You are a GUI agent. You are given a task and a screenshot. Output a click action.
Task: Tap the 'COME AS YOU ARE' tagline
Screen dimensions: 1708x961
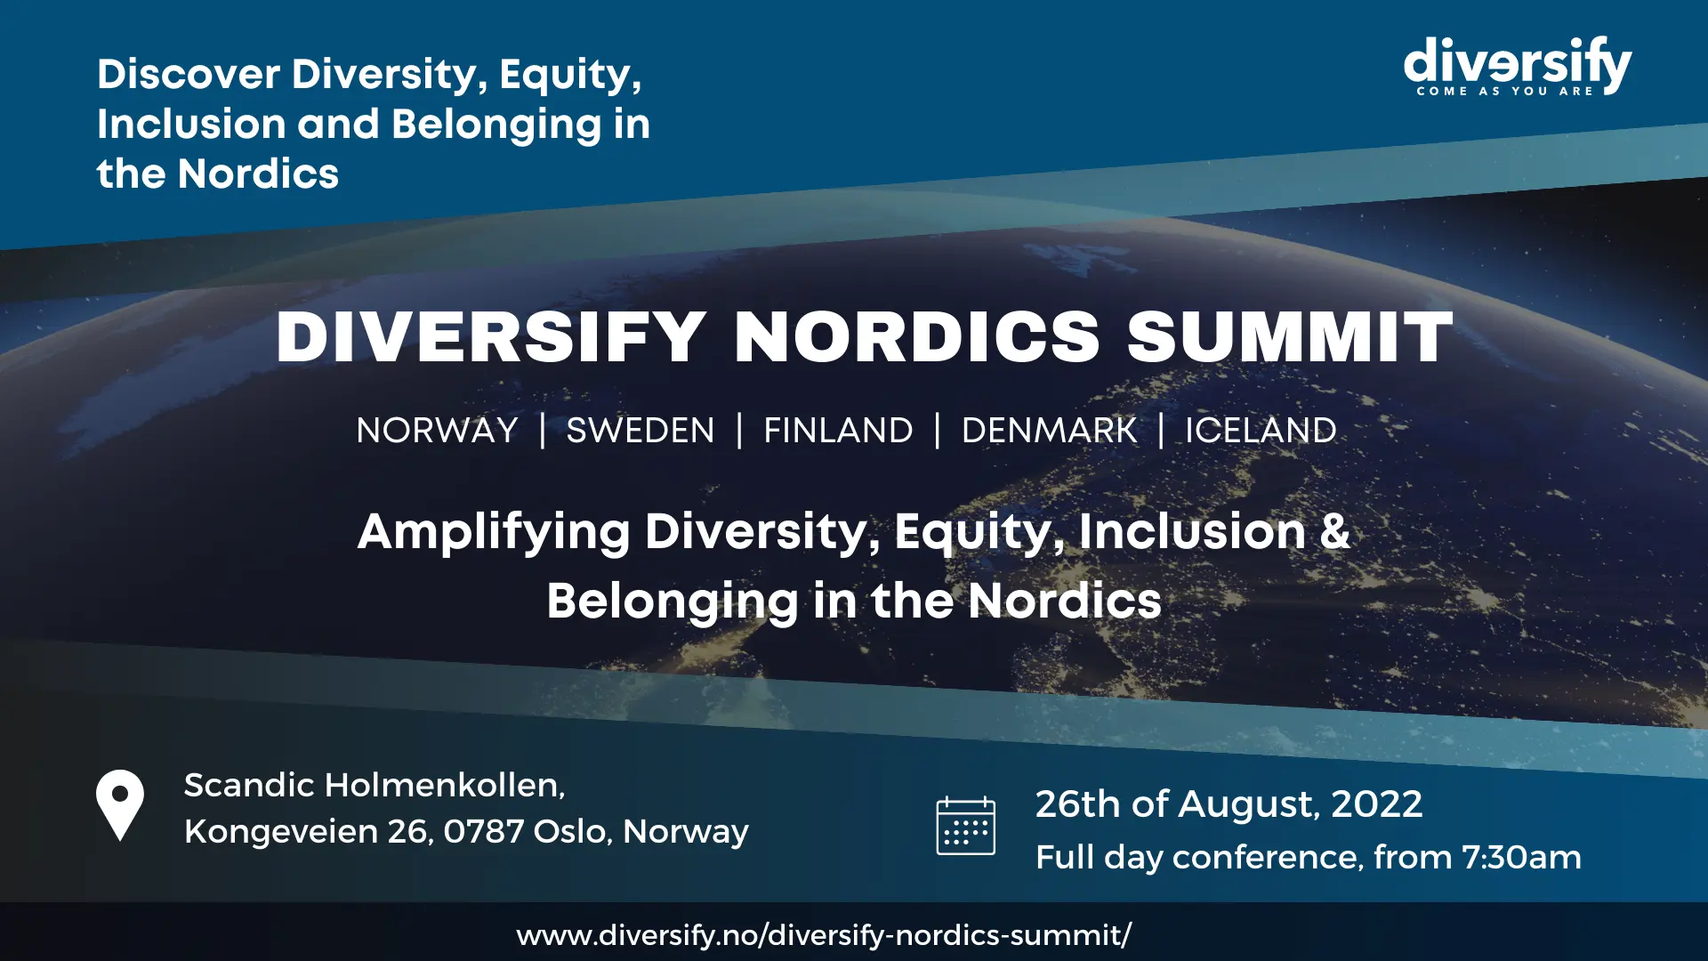click(1505, 91)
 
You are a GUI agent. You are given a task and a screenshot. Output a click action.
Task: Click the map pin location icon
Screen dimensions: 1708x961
click(120, 805)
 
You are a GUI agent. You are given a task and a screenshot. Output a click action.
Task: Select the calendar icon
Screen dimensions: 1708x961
click(966, 826)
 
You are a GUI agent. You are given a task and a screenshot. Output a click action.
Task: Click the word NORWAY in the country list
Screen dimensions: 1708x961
click(437, 431)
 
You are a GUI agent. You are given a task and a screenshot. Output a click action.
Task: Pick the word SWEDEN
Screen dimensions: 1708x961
click(640, 431)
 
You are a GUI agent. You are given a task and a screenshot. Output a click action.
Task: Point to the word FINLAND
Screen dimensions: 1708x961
click(838, 431)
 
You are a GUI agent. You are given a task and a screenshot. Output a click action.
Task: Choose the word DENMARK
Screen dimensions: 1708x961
click(1050, 431)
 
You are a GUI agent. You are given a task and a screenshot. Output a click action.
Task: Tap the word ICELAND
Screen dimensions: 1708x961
click(1261, 431)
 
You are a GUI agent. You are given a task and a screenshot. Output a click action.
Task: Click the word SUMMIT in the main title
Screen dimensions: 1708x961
click(1290, 338)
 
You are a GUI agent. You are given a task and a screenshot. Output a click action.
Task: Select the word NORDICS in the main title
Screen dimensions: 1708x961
click(918, 338)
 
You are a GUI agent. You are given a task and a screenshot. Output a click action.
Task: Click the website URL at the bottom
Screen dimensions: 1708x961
click(824, 935)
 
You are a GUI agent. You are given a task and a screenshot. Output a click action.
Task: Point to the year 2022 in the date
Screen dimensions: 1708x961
click(1377, 804)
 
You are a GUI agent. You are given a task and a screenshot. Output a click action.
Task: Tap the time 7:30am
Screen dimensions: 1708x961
click(1522, 857)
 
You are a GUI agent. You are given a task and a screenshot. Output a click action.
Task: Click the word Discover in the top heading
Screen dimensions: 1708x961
click(189, 74)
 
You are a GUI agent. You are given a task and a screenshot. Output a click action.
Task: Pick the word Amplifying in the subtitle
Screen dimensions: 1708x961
click(494, 534)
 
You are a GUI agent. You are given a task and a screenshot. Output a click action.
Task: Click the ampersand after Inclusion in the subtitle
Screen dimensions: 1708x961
click(1334, 531)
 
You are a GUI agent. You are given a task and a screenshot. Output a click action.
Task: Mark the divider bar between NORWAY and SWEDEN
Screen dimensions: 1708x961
click(543, 431)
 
